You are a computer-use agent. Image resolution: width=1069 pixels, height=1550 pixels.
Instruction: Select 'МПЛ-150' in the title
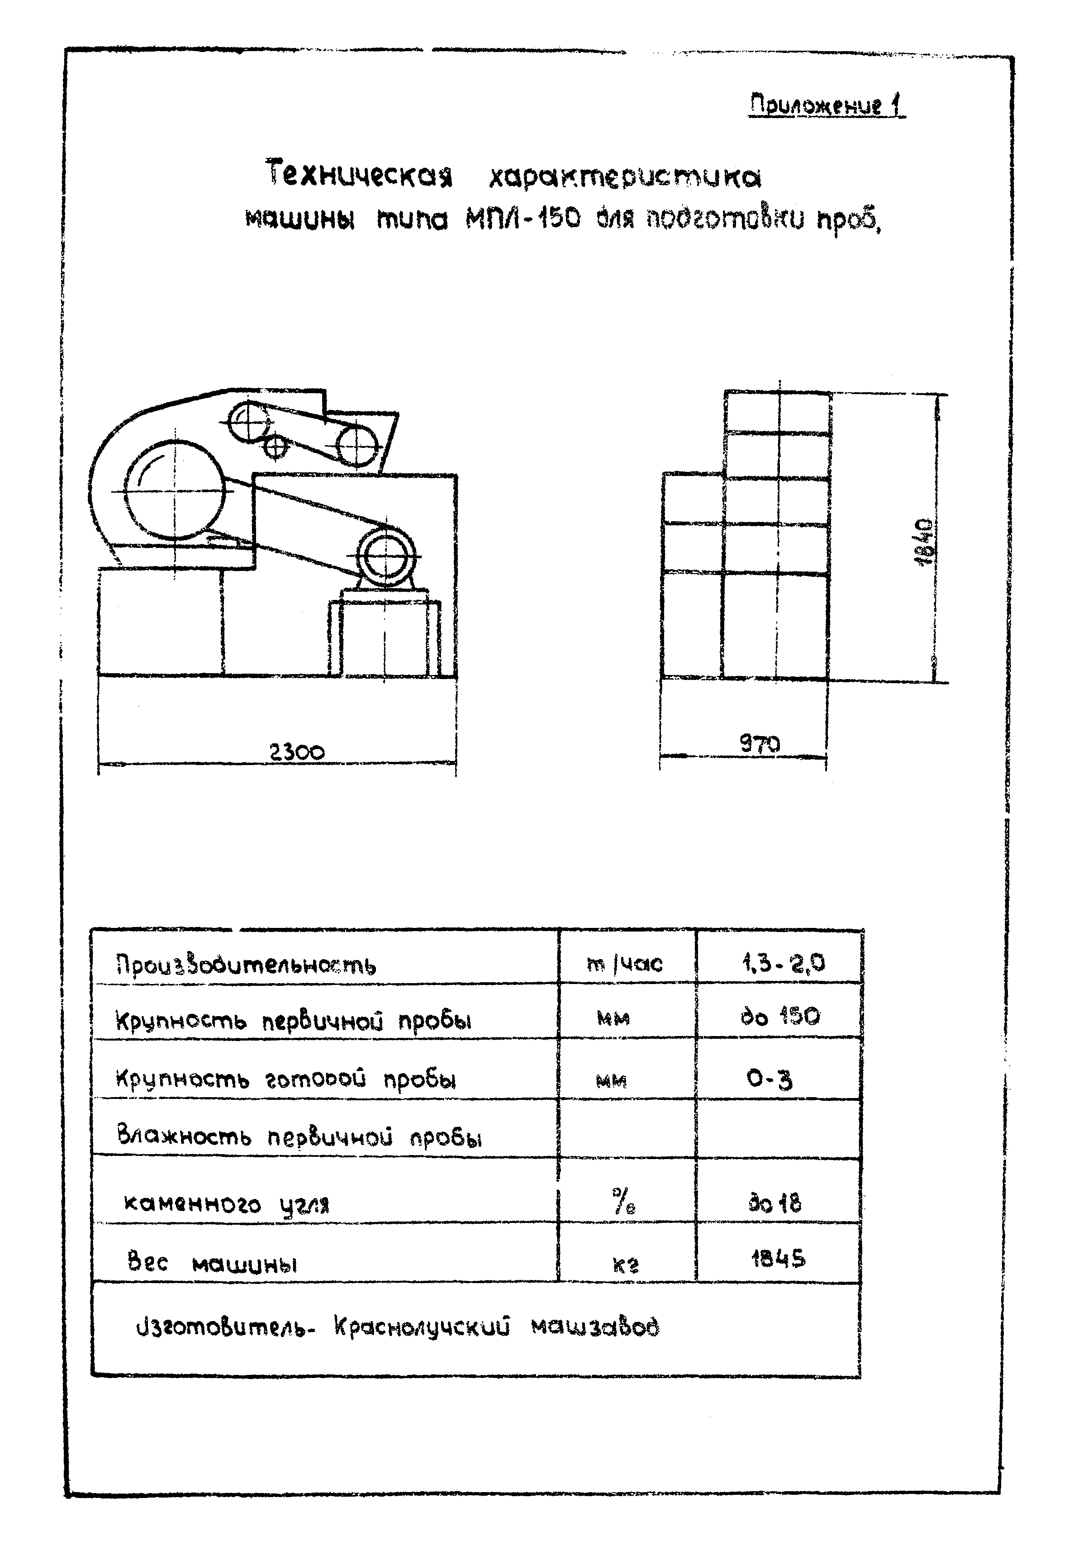click(x=523, y=219)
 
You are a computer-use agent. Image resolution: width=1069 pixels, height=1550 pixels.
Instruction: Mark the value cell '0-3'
click(x=770, y=1079)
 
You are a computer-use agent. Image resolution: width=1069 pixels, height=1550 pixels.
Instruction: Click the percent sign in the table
click(x=623, y=1203)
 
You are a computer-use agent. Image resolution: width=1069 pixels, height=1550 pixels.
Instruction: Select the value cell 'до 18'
click(x=775, y=1204)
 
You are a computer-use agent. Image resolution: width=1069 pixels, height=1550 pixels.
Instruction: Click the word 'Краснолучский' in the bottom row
click(x=422, y=1327)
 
